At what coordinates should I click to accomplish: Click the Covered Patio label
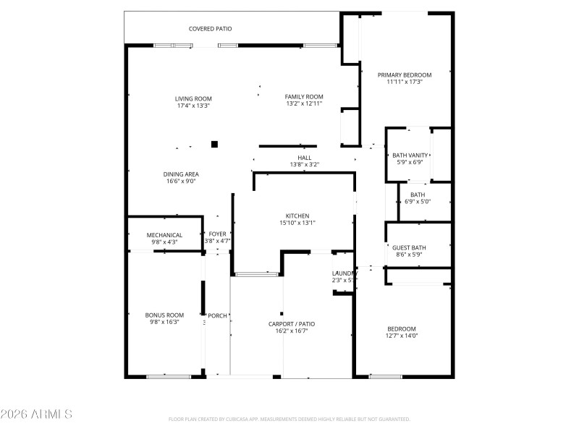pyautogui.click(x=210, y=29)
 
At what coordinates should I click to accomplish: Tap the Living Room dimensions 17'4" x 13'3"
pyautogui.click(x=193, y=106)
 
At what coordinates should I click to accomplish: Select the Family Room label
pyautogui.click(x=303, y=96)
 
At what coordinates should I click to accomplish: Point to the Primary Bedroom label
pyautogui.click(x=404, y=75)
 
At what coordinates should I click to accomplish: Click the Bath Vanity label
pyautogui.click(x=410, y=155)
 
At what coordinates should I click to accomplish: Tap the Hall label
pyautogui.click(x=304, y=157)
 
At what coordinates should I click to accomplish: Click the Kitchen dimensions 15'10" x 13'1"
pyautogui.click(x=297, y=223)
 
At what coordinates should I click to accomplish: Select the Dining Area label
pyautogui.click(x=181, y=174)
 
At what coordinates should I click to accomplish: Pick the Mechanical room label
pyautogui.click(x=164, y=234)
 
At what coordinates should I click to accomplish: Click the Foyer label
pyautogui.click(x=217, y=234)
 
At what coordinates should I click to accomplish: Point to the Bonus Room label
pyautogui.click(x=164, y=315)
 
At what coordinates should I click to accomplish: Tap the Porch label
pyautogui.click(x=217, y=315)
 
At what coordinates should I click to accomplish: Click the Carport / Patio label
pyautogui.click(x=292, y=323)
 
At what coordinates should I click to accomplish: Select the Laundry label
pyautogui.click(x=344, y=273)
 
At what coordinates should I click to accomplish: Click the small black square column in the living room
pyautogui.click(x=214, y=144)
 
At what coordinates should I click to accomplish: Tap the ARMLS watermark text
pyautogui.click(x=36, y=414)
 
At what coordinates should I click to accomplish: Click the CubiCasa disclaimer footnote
pyautogui.click(x=289, y=419)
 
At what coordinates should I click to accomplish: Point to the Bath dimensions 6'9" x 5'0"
pyautogui.click(x=418, y=201)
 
